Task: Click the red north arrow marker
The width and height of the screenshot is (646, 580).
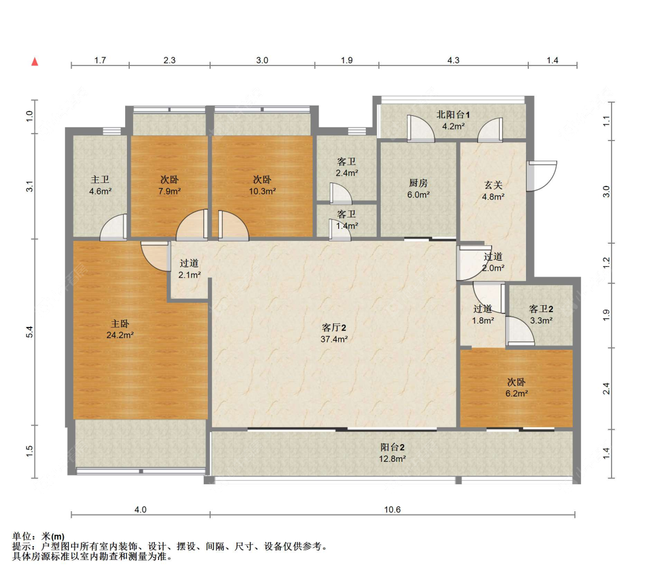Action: coord(35,62)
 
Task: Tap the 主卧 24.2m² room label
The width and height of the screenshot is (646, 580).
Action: coord(120,329)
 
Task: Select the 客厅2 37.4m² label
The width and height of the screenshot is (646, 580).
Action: coord(334,333)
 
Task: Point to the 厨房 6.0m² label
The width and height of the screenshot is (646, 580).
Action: coord(419,189)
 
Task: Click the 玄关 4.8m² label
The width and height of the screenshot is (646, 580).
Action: coord(493,191)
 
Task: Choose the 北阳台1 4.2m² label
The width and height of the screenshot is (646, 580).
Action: coord(453,120)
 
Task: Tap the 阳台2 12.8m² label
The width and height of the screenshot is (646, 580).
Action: coord(392,453)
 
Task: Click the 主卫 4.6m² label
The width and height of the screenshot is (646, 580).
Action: coord(100,185)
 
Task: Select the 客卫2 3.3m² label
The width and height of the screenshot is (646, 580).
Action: coord(541,314)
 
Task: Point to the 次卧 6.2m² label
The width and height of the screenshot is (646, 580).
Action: coord(517,388)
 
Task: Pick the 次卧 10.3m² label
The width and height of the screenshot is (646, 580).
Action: coord(262,185)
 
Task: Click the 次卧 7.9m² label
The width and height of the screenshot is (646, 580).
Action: coord(169,185)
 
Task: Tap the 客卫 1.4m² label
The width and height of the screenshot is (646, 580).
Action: coord(347,220)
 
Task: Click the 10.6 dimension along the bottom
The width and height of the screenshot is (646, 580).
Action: coord(392,509)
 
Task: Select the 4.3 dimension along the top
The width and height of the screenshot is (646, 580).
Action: coord(453,60)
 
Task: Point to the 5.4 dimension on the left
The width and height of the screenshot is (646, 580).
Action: coord(30,332)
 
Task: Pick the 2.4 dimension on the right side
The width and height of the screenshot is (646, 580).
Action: coord(606,388)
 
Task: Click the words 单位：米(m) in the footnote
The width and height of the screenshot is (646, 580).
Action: coord(38,536)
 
